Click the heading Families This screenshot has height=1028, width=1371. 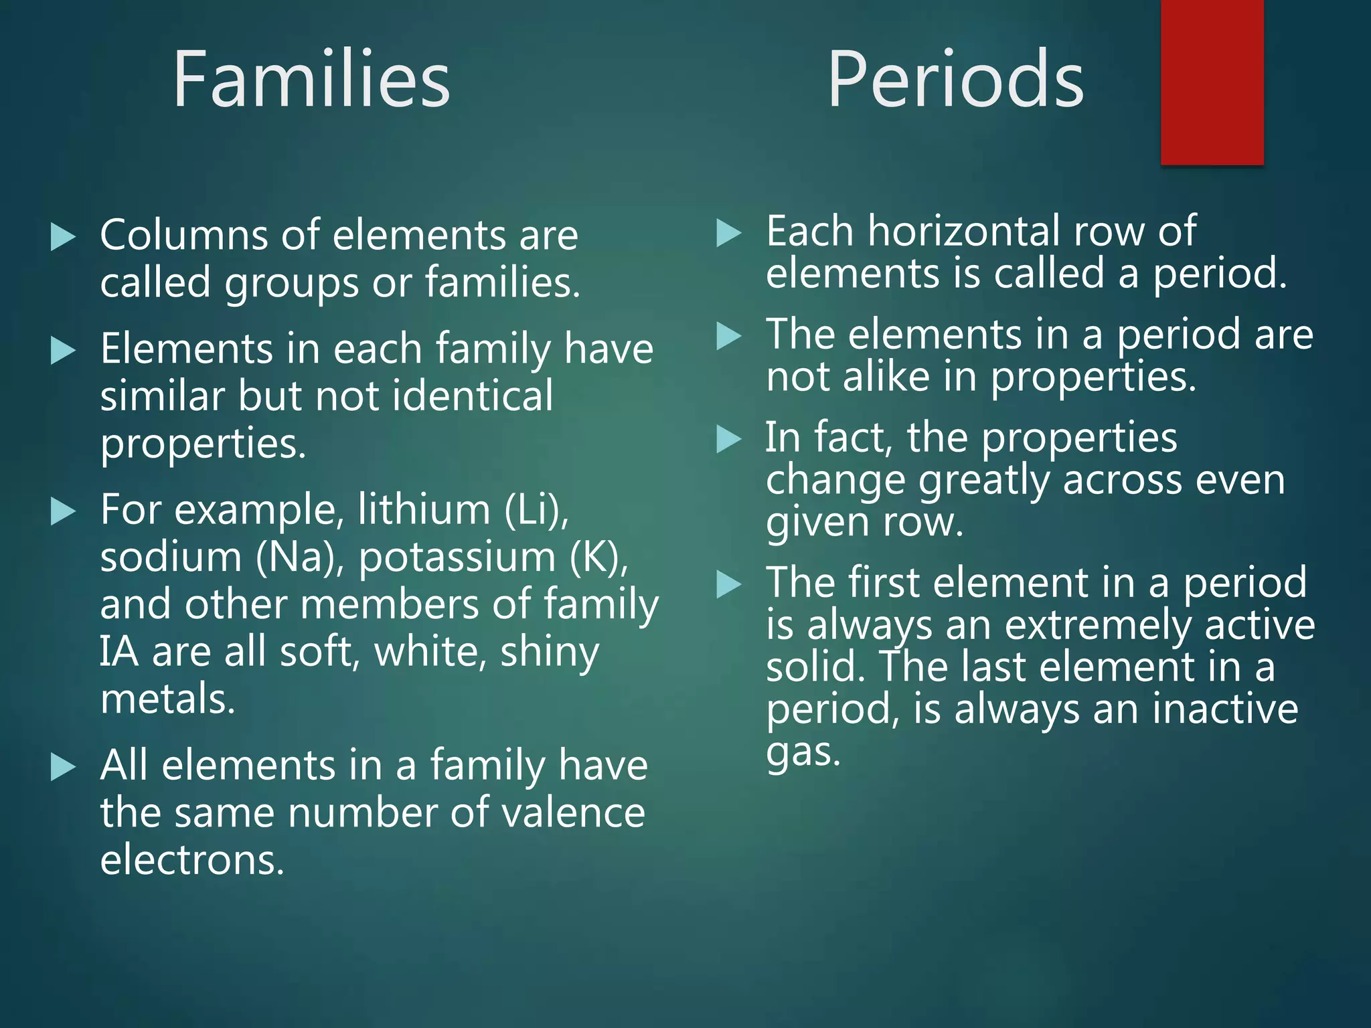pos(311,80)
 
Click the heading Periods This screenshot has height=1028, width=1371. pos(955,80)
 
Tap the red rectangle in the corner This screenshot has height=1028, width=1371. pos(1212,82)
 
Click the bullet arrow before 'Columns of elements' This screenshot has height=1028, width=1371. pos(63,237)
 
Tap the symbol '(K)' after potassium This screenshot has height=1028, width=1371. pos(599,558)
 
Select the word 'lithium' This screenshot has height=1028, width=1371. pos(424,510)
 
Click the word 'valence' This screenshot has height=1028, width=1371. pos(573,813)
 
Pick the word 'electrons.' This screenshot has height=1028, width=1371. pos(192,861)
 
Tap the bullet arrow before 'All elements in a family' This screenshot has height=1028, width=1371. pos(63,767)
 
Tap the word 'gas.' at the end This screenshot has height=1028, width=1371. pos(803,753)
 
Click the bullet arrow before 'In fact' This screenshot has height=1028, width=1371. pos(728,440)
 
